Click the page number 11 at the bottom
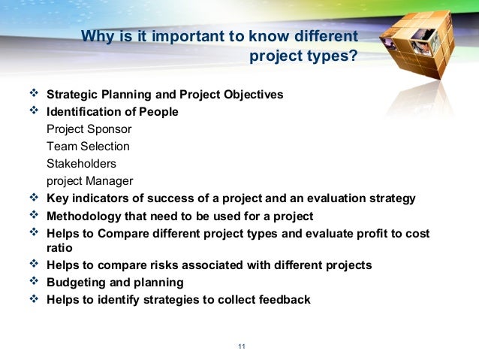tap(241, 346)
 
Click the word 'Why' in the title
tap(96, 36)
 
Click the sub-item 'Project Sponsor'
tap(89, 129)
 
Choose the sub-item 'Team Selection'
tap(88, 146)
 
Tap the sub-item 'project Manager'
tap(89, 180)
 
